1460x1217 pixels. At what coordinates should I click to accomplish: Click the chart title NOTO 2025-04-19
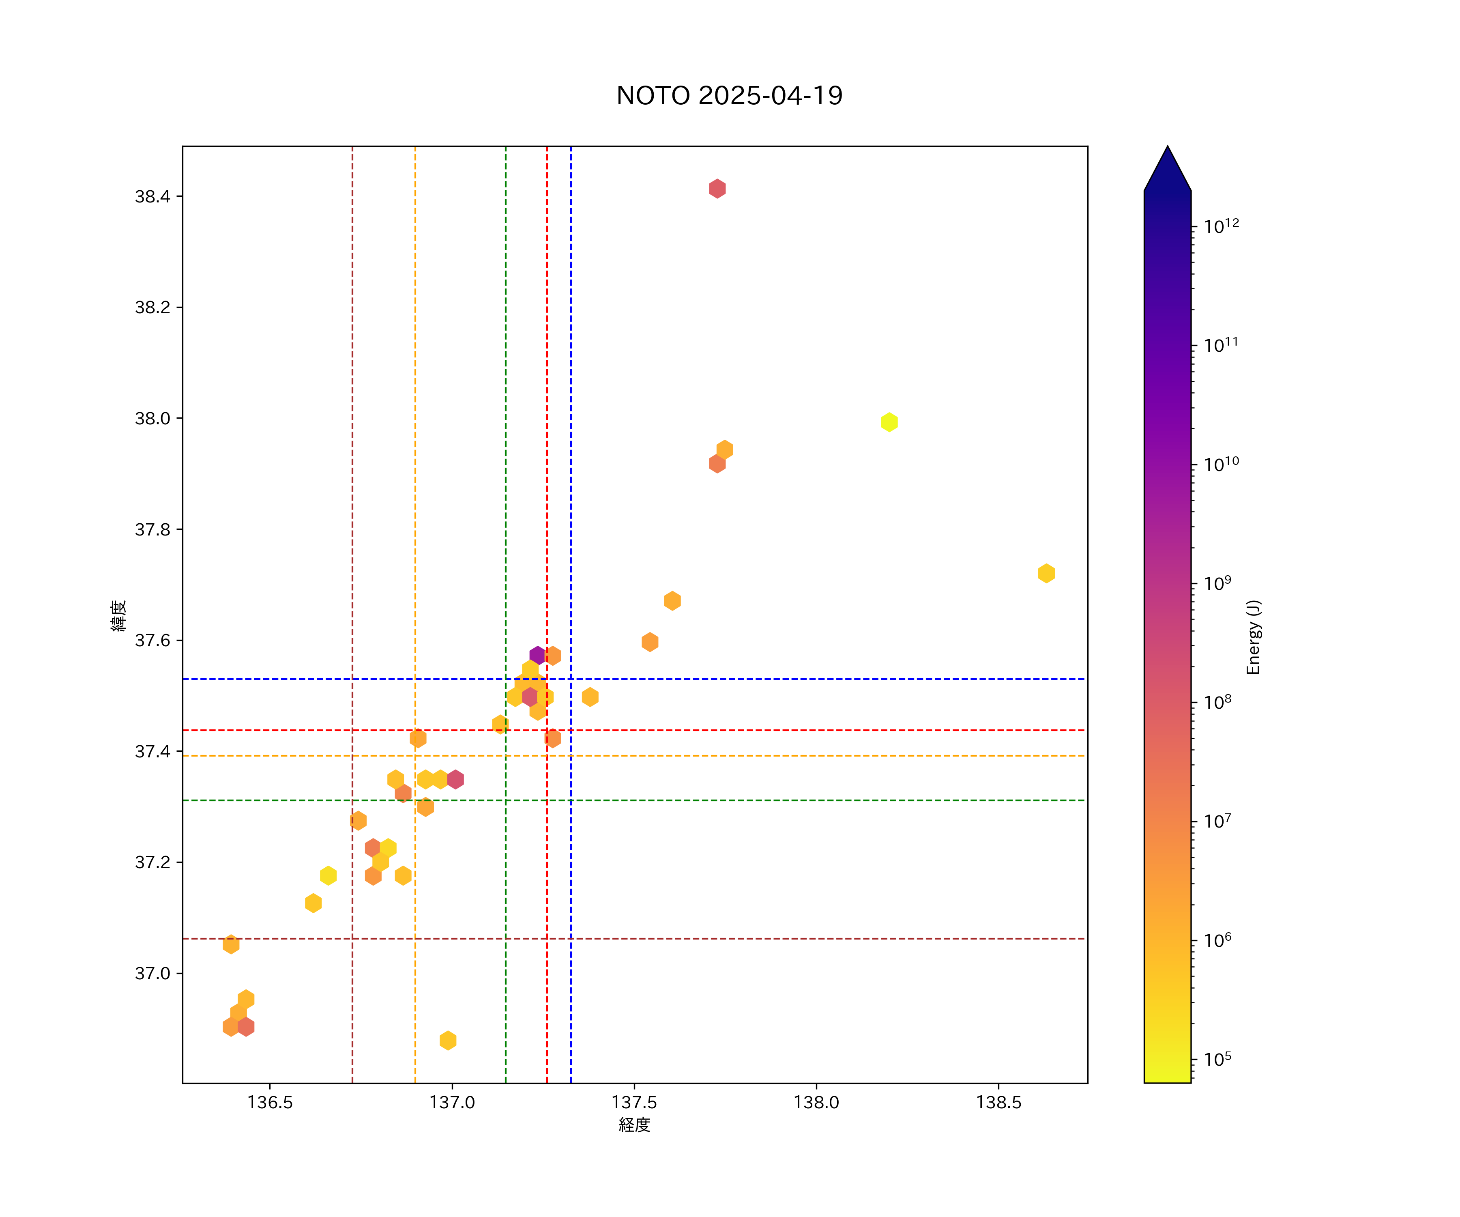[729, 95]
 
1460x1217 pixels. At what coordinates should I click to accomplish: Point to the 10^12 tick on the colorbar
[1221, 226]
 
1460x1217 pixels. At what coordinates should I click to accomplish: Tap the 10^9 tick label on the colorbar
[1217, 583]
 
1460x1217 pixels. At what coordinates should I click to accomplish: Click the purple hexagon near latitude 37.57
[537, 655]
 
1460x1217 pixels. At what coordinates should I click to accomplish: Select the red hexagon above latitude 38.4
[717, 189]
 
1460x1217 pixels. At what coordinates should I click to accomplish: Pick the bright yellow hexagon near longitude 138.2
[889, 422]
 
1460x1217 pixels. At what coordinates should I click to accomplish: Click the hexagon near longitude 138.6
[1046, 573]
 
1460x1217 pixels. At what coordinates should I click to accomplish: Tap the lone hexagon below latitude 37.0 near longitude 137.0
[448, 1041]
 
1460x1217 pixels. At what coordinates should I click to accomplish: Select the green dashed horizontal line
[765, 800]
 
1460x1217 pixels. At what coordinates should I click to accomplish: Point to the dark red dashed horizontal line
[765, 939]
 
